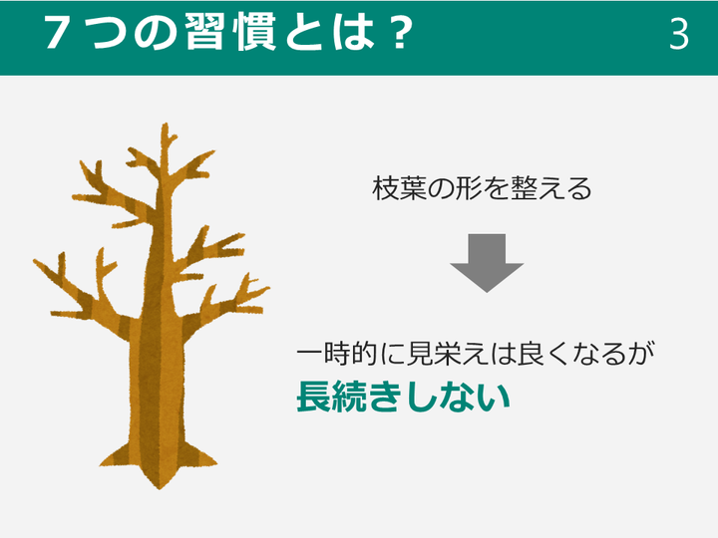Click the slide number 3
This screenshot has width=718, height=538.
(679, 34)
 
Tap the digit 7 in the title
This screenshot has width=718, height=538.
(58, 33)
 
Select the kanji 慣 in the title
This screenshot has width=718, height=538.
(254, 31)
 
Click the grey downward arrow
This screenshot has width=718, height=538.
(487, 263)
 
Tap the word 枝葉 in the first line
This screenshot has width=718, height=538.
(399, 188)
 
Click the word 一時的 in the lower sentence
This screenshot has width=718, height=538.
(338, 354)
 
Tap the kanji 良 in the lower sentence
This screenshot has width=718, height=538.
(531, 354)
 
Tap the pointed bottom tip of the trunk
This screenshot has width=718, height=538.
(160, 487)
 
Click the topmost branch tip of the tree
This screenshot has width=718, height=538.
(166, 125)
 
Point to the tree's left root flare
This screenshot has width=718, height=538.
(116, 456)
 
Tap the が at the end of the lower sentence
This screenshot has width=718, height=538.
(641, 354)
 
